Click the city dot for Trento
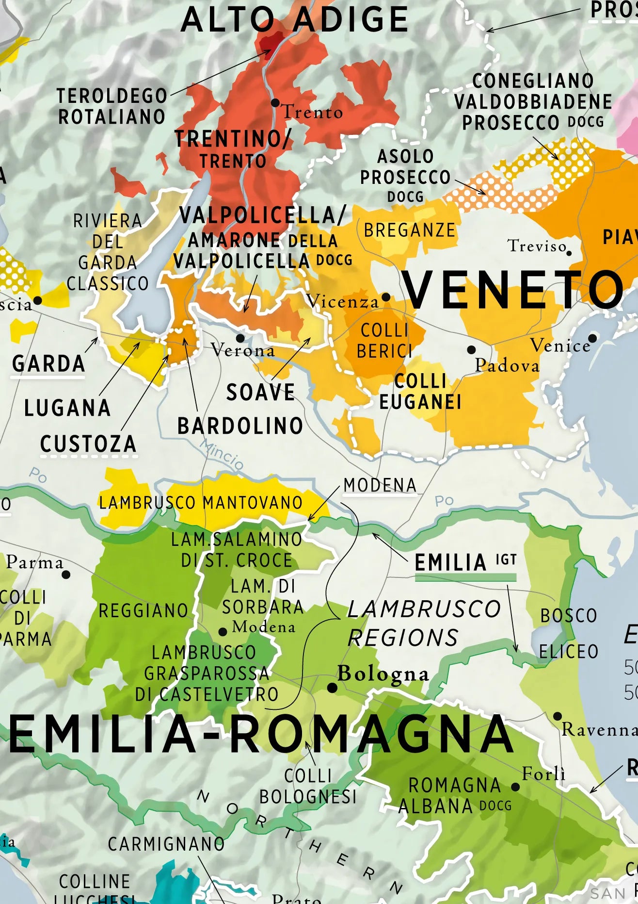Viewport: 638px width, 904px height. [275, 103]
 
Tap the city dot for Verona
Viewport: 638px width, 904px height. [240, 338]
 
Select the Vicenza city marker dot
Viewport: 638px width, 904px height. [386, 297]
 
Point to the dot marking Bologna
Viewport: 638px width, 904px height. [332, 688]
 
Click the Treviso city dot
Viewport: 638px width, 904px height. [569, 253]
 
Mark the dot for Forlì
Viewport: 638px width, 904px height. [516, 787]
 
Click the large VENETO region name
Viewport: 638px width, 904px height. [513, 290]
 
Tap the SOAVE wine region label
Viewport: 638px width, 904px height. [260, 392]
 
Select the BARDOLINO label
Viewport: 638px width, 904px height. [240, 426]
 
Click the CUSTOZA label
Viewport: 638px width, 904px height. [88, 444]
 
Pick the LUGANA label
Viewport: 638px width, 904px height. [67, 408]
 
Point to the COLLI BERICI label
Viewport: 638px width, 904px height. [384, 341]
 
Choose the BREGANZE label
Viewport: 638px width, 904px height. [409, 230]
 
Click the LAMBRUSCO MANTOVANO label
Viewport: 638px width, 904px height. [201, 503]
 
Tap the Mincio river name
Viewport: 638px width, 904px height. [222, 454]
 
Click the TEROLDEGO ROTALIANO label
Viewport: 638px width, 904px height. [112, 106]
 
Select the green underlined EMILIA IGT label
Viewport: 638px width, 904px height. [465, 563]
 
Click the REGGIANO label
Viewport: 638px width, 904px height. [143, 610]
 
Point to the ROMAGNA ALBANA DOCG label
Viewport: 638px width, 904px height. [454, 795]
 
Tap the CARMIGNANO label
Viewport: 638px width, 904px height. [166, 844]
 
